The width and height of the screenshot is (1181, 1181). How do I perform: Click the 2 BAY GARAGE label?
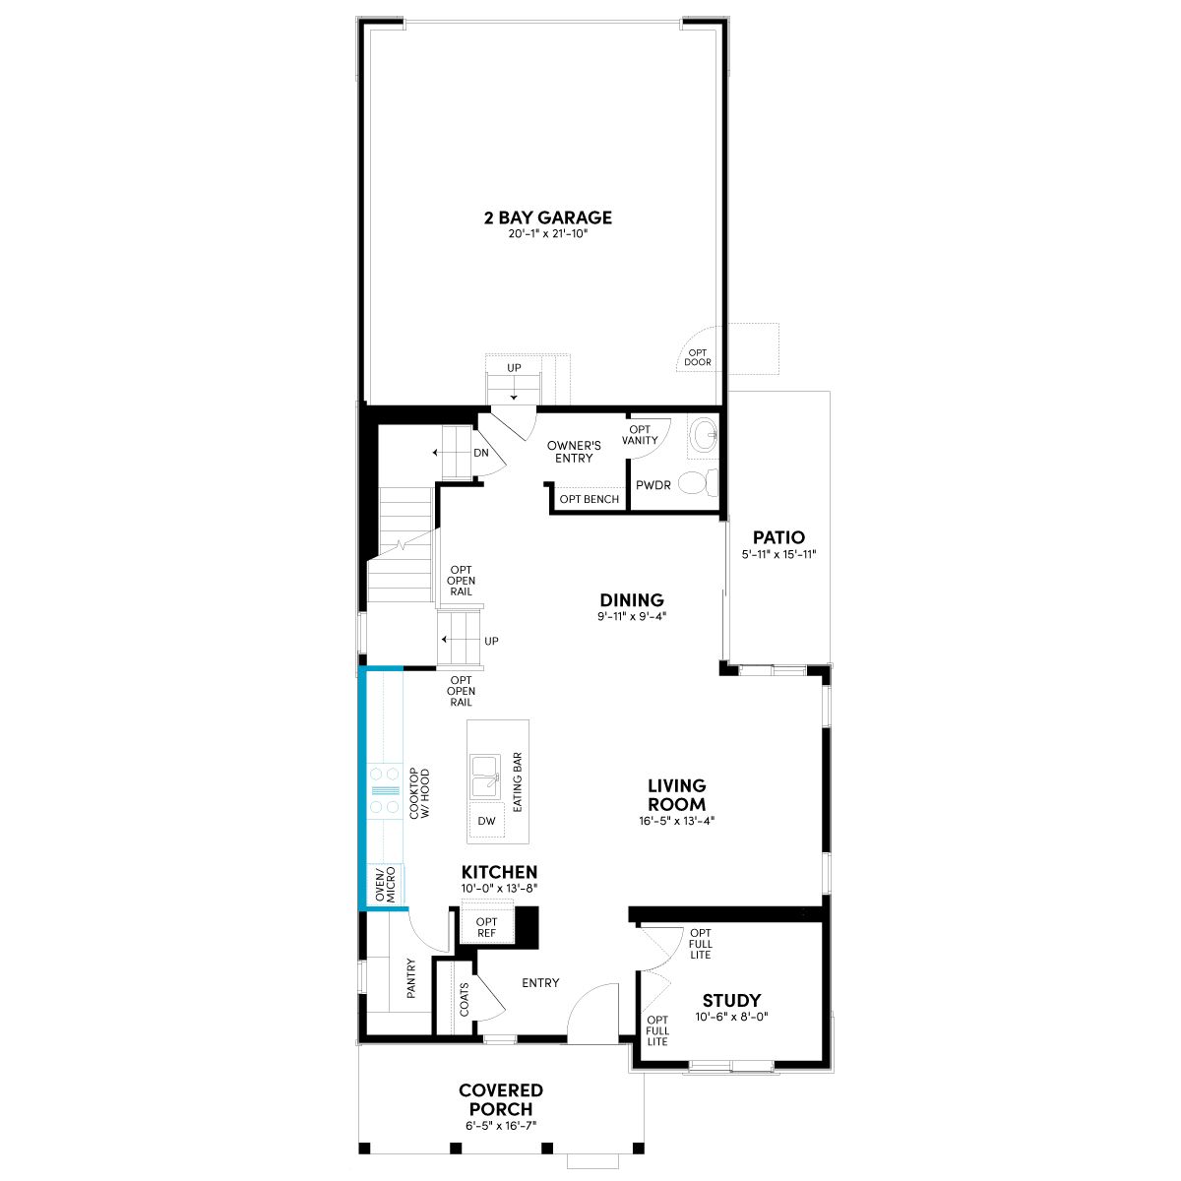tap(548, 218)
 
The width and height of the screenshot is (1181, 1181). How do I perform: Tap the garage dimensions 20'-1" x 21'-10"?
tap(548, 233)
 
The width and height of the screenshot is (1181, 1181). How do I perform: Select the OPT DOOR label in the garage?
tap(698, 357)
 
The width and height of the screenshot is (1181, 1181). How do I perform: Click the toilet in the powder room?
tap(699, 482)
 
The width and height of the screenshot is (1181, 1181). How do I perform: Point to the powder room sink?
tap(704, 436)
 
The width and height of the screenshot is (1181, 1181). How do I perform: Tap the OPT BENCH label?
tap(589, 499)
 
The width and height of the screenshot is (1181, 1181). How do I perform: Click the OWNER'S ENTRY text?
tap(574, 452)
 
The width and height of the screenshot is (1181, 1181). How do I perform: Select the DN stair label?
tap(481, 453)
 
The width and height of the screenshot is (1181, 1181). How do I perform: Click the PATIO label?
tap(778, 537)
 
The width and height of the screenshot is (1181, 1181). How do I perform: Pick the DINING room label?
tap(632, 600)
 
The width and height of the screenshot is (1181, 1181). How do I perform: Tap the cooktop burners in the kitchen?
tap(385, 790)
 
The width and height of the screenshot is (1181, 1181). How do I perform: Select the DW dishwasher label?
tap(486, 821)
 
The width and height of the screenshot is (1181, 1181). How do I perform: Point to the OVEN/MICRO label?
tap(386, 885)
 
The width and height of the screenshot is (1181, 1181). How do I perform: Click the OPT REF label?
tap(486, 927)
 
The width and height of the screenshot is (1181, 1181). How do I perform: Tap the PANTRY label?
tap(410, 978)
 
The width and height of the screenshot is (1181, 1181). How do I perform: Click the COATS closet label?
tap(464, 1000)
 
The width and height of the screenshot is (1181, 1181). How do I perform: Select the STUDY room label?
tap(732, 1000)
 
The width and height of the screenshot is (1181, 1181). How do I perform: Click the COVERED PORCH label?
tap(501, 1099)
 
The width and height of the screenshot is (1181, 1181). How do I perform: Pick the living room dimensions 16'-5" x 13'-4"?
tap(676, 821)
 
